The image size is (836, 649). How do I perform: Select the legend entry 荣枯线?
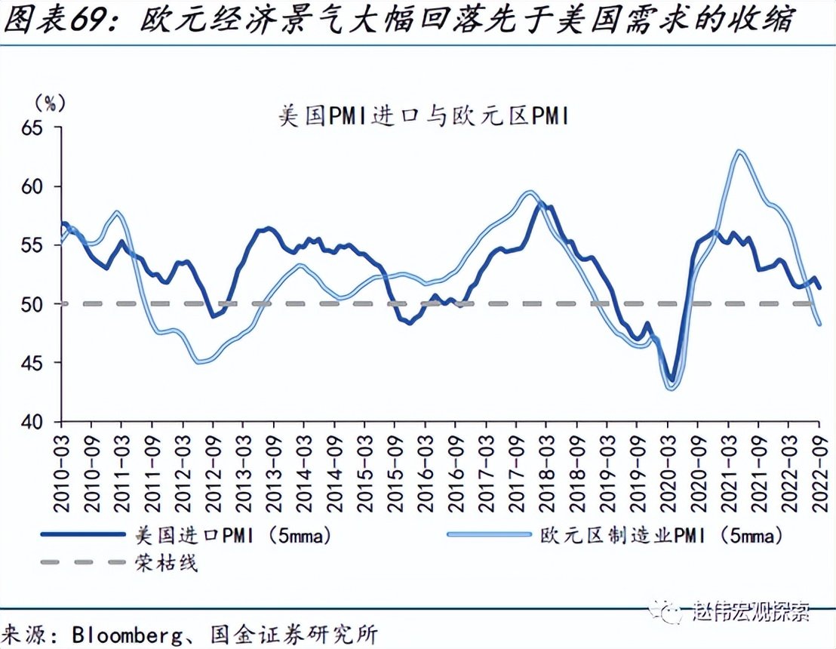[167, 562]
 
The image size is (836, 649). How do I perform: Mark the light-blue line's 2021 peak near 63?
[739, 151]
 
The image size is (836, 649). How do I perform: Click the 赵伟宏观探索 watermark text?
[751, 610]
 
